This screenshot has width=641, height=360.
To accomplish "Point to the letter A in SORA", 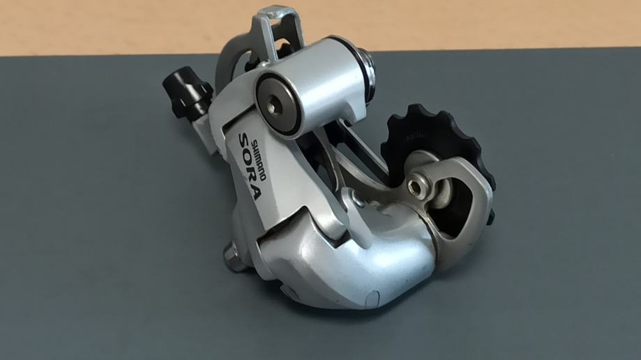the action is coord(255,191).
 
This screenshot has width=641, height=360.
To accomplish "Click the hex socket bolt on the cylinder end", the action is coord(272,106).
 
